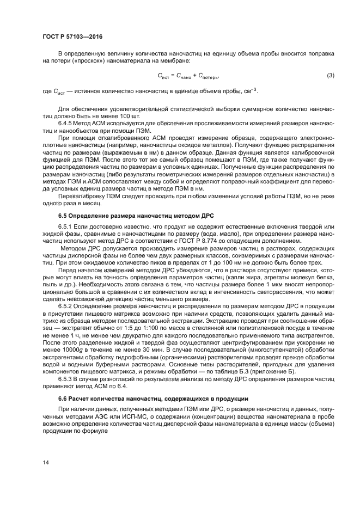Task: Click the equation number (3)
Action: [330, 75]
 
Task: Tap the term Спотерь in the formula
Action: [208, 76]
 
